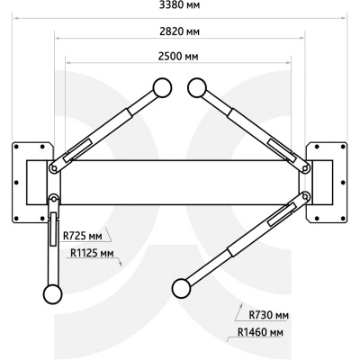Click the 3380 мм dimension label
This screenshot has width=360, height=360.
coord(179,5)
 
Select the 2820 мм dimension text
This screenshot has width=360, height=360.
coord(179,31)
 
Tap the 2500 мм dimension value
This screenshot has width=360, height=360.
coord(178,56)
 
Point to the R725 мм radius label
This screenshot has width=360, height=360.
coord(82,236)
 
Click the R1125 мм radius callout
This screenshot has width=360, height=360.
coord(92,253)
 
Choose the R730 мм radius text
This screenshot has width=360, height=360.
coord(269,315)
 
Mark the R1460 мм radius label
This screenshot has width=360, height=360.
coord(260,332)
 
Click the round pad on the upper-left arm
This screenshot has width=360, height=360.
coord(162,87)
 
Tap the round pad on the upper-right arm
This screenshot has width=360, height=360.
coord(197,87)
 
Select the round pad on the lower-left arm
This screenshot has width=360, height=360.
coord(52,294)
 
